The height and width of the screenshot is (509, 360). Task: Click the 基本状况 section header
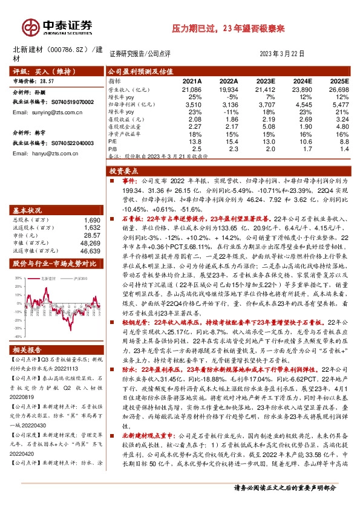[x=27, y=210]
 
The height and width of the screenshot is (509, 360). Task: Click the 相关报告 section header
[x=27, y=351]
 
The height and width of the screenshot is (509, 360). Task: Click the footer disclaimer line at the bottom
[x=292, y=504]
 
